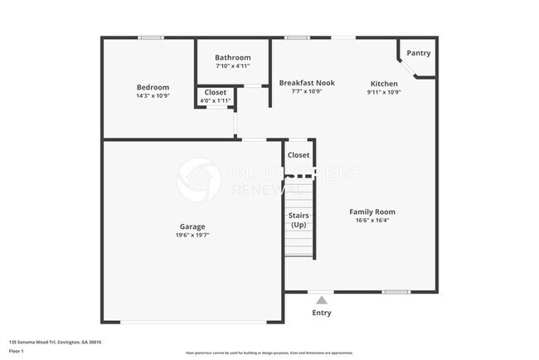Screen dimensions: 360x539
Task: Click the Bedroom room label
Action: coord(153,87)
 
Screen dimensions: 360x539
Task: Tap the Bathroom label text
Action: coord(232,57)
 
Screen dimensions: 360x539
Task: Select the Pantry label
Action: coord(419,53)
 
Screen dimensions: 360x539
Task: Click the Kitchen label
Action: coord(384,84)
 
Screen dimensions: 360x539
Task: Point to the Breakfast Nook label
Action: coord(307,83)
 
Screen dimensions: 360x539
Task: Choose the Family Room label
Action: coord(371,212)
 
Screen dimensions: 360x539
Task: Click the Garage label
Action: coord(192,226)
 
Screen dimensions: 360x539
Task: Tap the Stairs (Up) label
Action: coord(299,220)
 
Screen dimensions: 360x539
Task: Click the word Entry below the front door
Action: coord(322,313)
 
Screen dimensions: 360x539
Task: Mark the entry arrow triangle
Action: coord(322,299)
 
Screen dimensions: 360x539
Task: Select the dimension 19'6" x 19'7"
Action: coord(192,236)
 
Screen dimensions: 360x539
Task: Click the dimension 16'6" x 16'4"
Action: coord(371,221)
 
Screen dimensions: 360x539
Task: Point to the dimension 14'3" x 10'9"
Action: coord(153,96)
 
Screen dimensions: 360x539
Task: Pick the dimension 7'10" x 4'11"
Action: coord(232,66)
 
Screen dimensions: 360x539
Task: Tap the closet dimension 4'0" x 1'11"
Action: coord(216,101)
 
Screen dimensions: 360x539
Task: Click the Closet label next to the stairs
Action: coord(299,155)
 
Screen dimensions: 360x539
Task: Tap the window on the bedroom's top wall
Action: coord(150,37)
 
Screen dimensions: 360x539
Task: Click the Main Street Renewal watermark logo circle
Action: coord(199,179)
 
